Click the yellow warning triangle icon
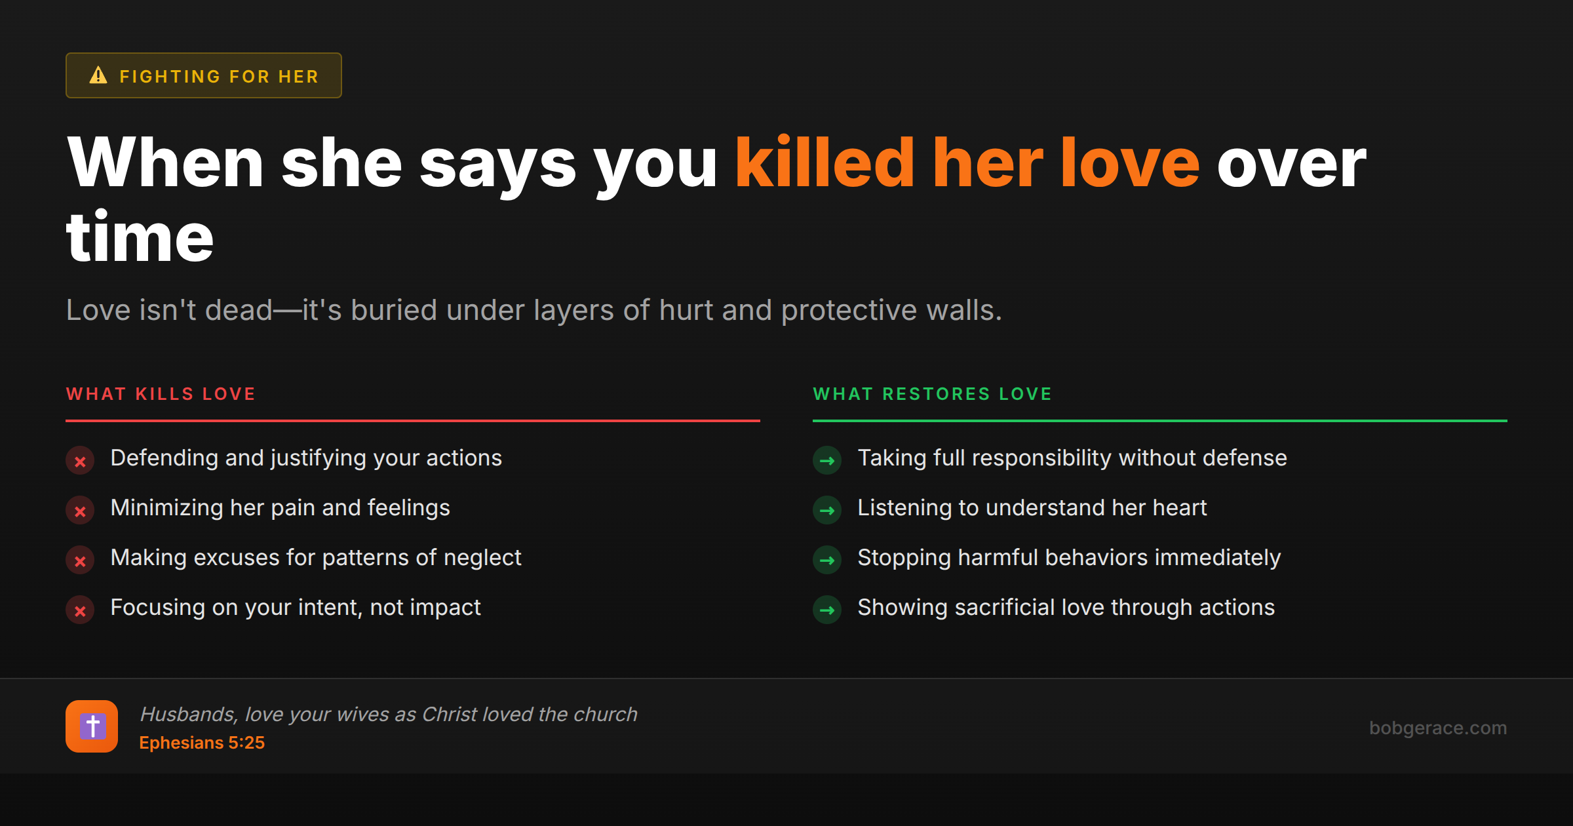(98, 75)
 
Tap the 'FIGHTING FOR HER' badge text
(219, 77)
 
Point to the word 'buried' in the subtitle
(393, 310)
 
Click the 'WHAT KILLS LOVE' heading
(161, 394)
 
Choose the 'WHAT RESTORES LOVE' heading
(932, 394)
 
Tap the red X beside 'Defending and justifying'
(80, 462)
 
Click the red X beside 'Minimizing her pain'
(80, 511)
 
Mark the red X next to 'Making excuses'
(80, 561)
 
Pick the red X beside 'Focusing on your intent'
(80, 611)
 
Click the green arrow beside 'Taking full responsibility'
(827, 461)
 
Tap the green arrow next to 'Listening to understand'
(827, 511)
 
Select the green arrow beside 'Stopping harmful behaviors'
(827, 560)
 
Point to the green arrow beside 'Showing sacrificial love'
(827, 610)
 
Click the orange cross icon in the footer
(92, 726)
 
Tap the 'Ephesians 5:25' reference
(202, 743)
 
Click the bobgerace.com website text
(1437, 728)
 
